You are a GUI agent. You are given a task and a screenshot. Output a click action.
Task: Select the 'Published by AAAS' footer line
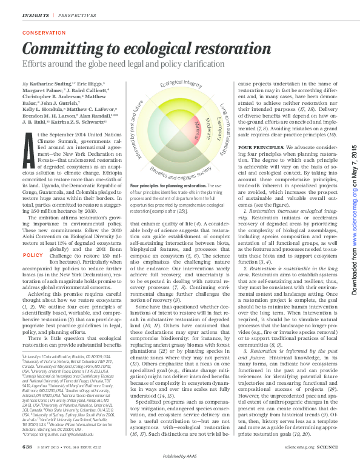(179, 455)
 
